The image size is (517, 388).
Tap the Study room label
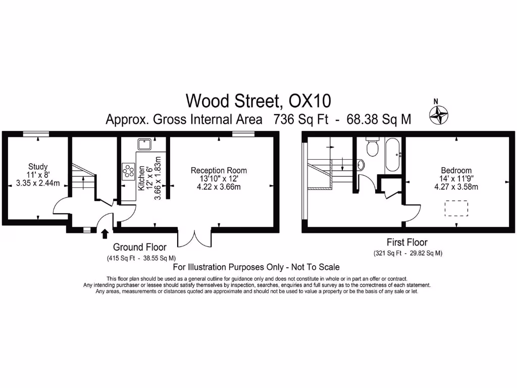click(38, 167)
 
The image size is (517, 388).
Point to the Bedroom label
click(456, 171)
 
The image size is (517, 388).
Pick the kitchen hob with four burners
click(128, 171)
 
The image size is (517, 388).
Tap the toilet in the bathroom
click(373, 147)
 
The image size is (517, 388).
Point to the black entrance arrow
click(105, 233)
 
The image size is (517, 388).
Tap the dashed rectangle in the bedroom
click(456, 208)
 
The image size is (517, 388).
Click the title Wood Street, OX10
click(258, 101)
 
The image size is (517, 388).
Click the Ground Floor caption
click(140, 247)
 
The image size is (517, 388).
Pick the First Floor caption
click(407, 243)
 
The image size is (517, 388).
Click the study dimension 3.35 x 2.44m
click(38, 183)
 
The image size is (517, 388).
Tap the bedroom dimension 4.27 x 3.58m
click(456, 187)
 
